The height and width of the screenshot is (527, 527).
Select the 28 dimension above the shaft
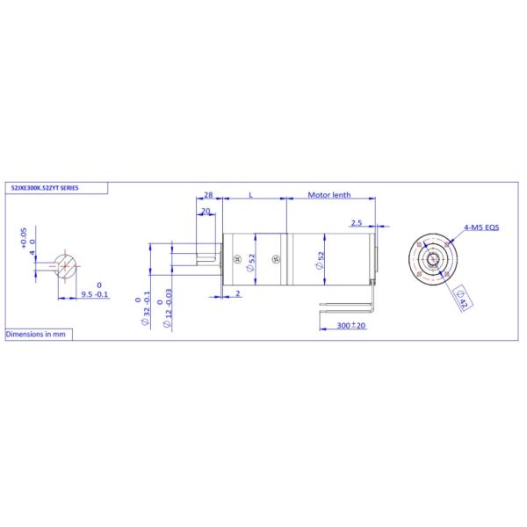(x=208, y=194)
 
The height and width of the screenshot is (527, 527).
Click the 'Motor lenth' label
(x=330, y=194)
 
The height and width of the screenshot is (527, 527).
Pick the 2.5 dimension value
(x=357, y=223)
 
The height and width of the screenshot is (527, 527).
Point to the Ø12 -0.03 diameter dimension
(x=167, y=309)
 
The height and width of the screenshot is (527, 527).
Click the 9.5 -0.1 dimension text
(x=95, y=295)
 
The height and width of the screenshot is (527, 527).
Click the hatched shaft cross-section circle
(x=66, y=265)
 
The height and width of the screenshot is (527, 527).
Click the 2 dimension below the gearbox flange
(x=238, y=294)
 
